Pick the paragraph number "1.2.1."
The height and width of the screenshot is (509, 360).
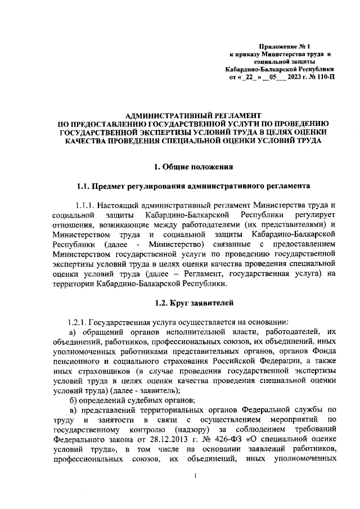click(78, 322)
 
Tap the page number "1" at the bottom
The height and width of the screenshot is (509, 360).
click(194, 476)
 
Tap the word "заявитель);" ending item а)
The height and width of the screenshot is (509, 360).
click(159, 390)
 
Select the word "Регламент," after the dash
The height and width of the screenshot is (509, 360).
click(207, 273)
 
